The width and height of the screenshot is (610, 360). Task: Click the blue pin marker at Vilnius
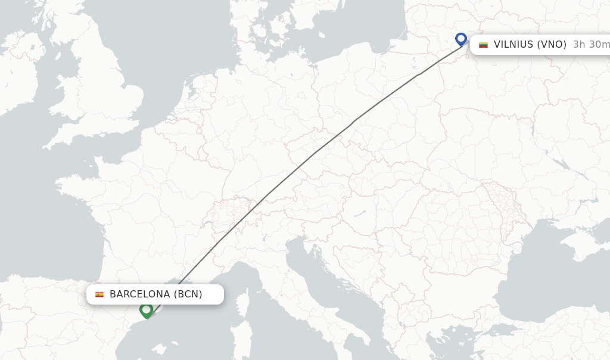click(460, 39)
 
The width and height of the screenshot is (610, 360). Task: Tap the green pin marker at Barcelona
click(146, 310)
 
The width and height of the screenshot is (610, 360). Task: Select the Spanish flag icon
click(99, 294)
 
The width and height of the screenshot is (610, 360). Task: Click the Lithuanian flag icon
click(483, 45)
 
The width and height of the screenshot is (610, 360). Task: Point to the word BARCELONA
click(140, 294)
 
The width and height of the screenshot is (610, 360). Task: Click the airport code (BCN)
click(188, 294)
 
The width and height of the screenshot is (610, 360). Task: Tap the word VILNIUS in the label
click(514, 45)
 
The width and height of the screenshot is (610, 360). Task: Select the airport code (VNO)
click(552, 45)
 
